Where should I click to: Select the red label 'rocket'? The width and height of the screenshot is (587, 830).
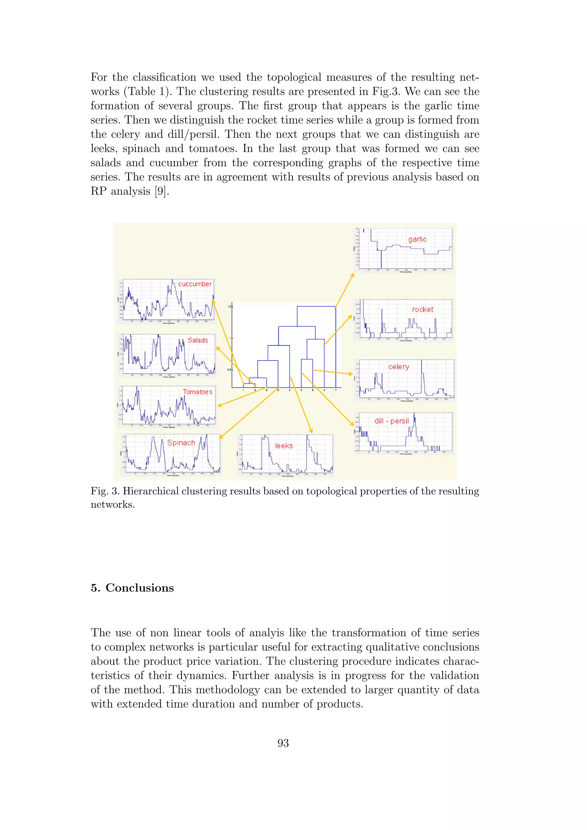pyautogui.click(x=422, y=310)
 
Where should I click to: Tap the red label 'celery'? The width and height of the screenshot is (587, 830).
pyautogui.click(x=398, y=367)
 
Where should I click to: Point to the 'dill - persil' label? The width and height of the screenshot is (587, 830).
pyautogui.click(x=392, y=421)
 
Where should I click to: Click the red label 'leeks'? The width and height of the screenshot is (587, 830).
pyautogui.click(x=284, y=446)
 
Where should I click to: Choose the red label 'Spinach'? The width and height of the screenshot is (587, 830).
pyautogui.click(x=181, y=443)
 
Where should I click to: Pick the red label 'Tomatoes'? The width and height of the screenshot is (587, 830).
pyautogui.click(x=197, y=392)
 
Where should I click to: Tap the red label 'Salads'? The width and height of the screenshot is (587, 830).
pyautogui.click(x=198, y=340)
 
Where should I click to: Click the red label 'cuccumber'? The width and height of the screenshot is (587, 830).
pyautogui.click(x=195, y=284)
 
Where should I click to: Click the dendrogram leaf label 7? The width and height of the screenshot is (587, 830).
pyautogui.click(x=336, y=390)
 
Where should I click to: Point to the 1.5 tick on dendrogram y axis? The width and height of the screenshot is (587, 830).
pyautogui.click(x=229, y=307)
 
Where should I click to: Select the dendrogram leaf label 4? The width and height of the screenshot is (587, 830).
pyautogui.click(x=324, y=390)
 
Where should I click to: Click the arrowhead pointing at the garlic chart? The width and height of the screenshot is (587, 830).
pyautogui.click(x=353, y=275)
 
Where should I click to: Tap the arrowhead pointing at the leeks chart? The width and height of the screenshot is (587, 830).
pyautogui.click(x=311, y=432)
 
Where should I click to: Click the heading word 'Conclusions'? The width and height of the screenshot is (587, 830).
pyautogui.click(x=140, y=588)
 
